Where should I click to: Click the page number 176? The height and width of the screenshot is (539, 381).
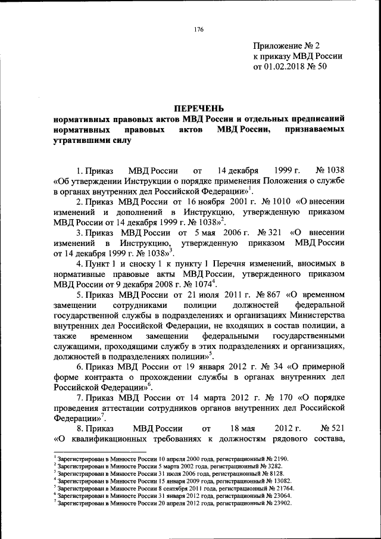(x=199, y=30)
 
